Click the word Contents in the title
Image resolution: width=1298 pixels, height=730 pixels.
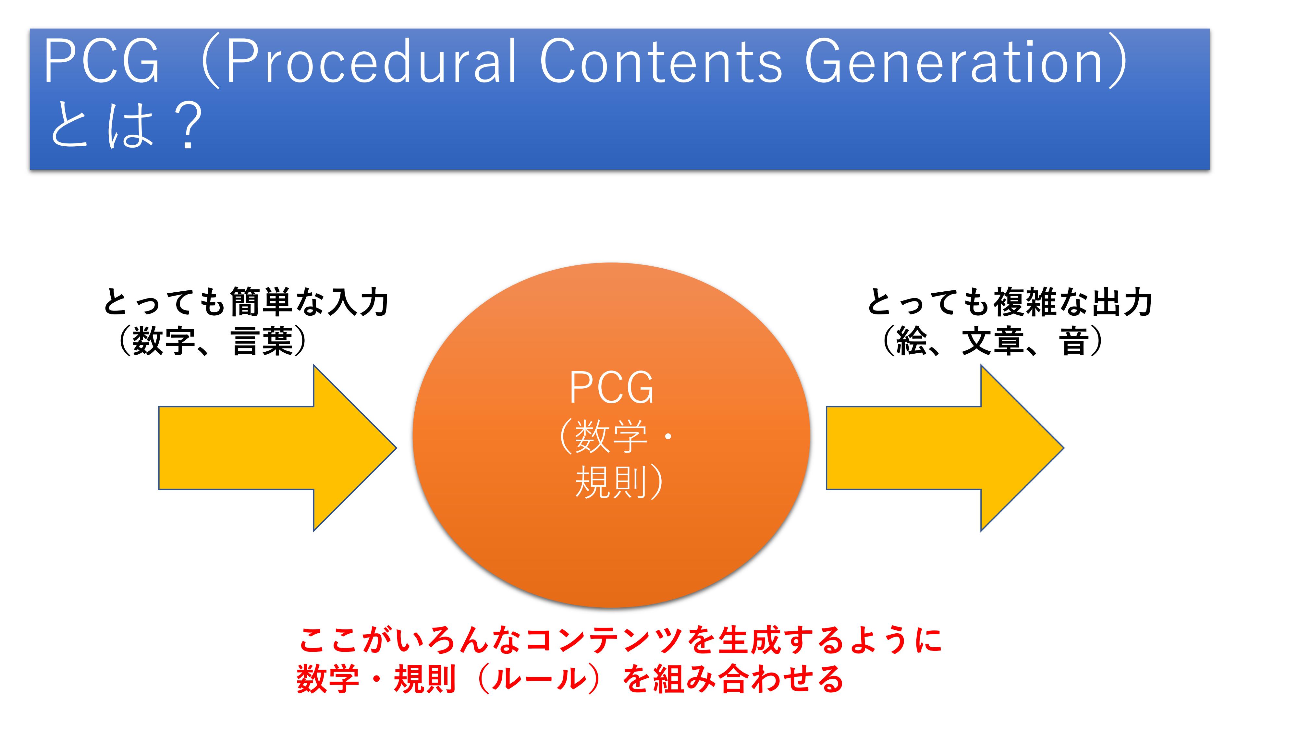pos(661,61)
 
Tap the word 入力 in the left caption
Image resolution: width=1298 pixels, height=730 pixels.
pos(358,302)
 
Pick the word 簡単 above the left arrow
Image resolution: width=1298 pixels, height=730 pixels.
pos(261,302)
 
